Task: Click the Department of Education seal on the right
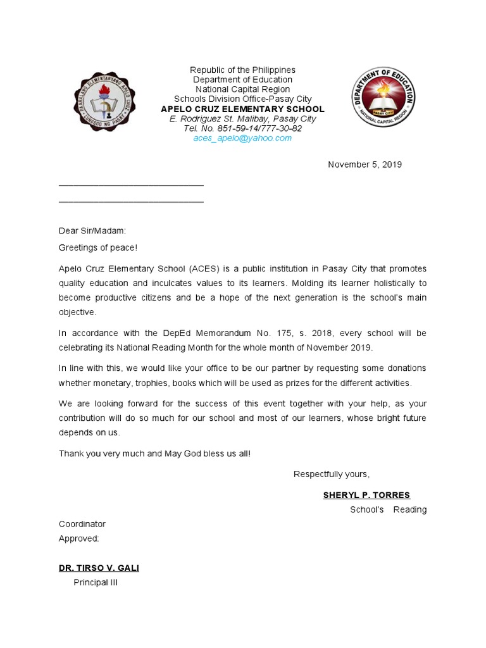click(383, 97)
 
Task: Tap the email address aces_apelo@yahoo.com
click(242, 138)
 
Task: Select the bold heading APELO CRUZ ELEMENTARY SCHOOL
click(242, 109)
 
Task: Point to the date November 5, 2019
click(364, 165)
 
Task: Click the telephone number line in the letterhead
click(242, 128)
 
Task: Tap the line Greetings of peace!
click(97, 247)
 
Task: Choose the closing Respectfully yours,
click(332, 475)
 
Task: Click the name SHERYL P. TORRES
click(366, 495)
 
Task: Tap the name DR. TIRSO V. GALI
click(99, 568)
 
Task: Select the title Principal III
click(96, 582)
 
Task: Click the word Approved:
click(79, 539)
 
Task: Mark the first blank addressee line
click(131, 185)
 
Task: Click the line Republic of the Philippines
click(242, 70)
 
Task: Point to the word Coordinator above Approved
click(82, 524)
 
